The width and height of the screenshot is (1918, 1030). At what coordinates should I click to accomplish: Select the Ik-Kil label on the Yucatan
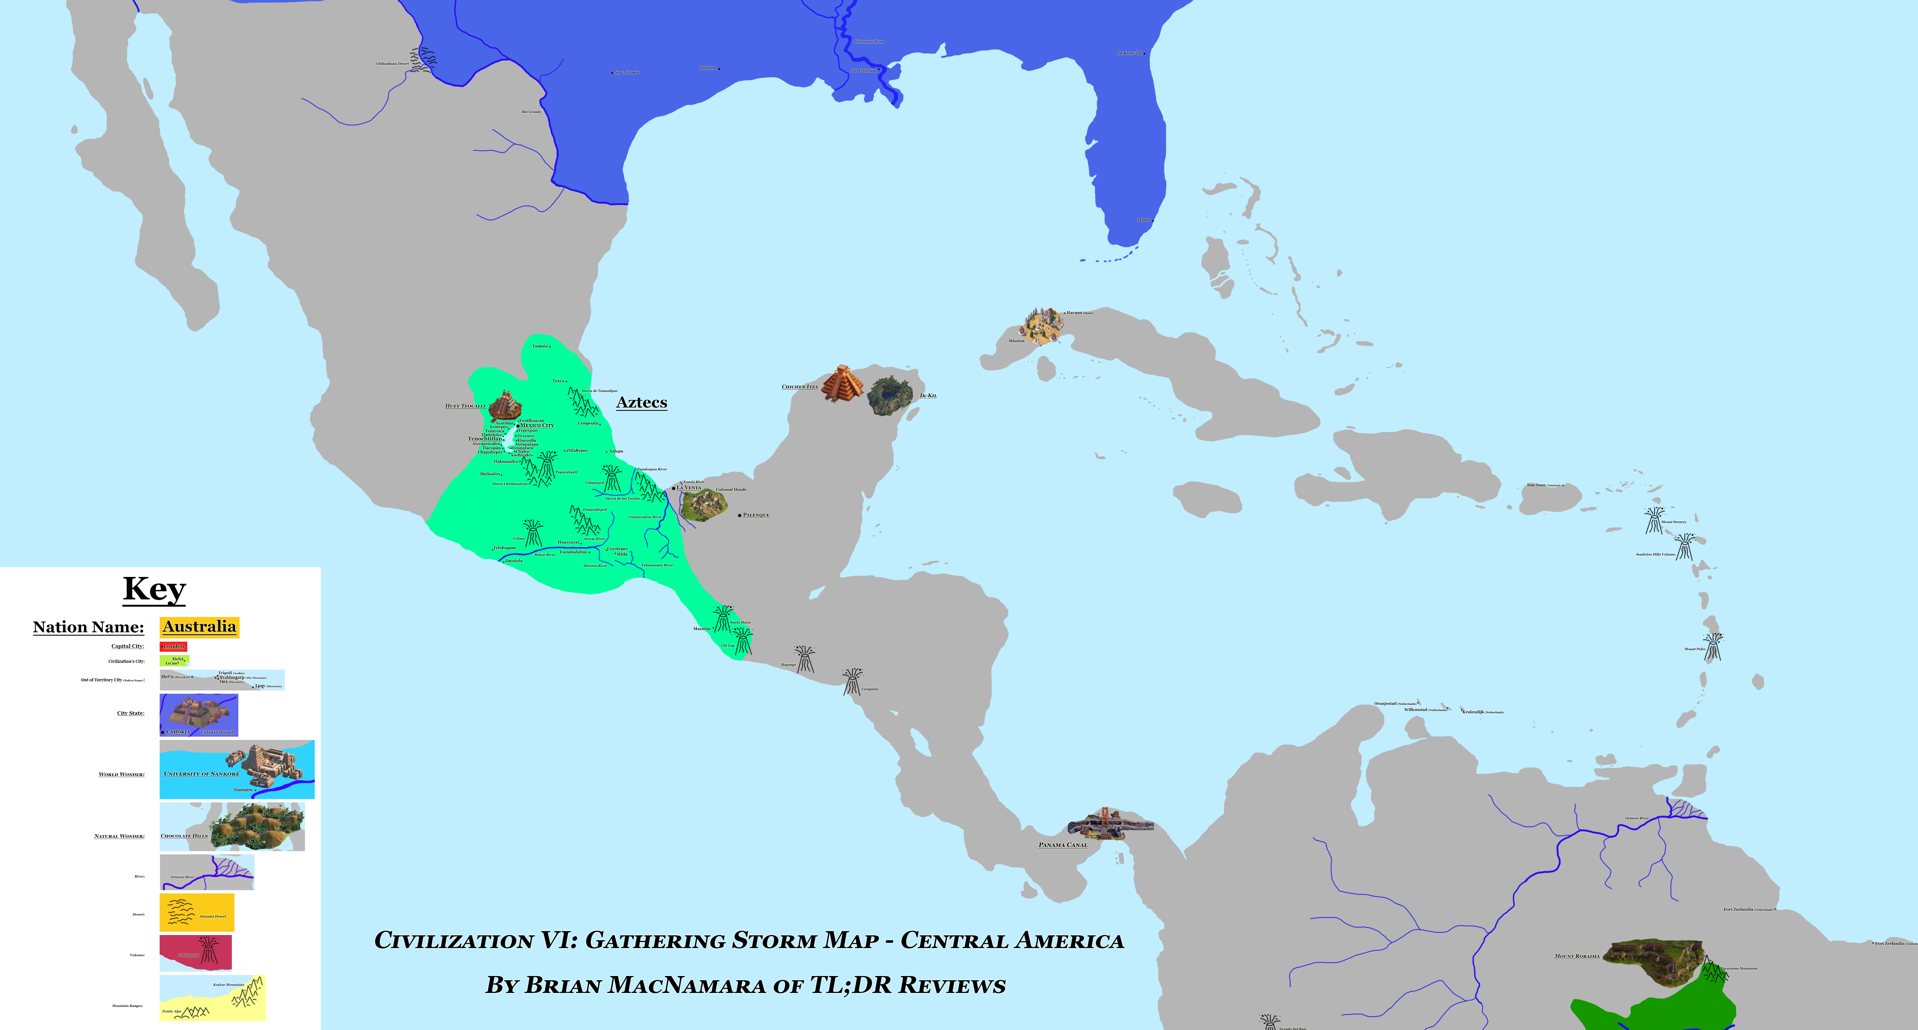[928, 395]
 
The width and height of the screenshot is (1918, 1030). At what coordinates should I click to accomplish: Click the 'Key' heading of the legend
[154, 589]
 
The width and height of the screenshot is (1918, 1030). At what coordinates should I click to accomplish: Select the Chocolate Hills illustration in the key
[257, 825]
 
